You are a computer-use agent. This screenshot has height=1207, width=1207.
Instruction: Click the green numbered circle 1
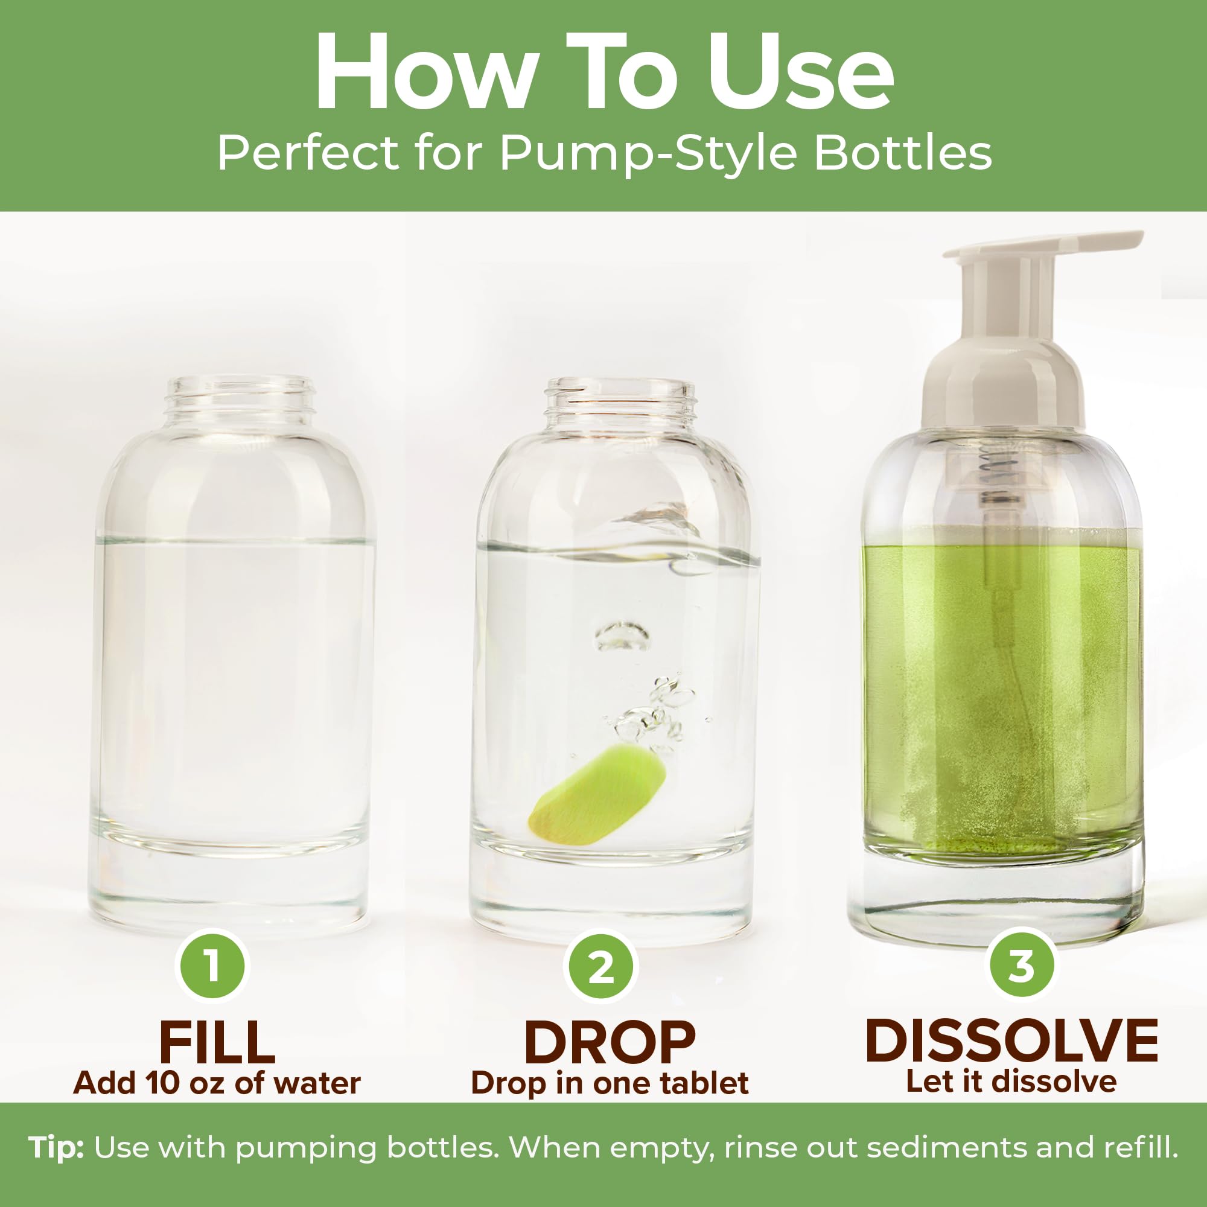coord(212,966)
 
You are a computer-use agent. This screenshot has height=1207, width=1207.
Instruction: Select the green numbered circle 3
coord(1022,966)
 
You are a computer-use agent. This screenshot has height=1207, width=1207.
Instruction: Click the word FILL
coord(217,1043)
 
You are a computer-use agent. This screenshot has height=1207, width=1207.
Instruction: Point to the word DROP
coord(610,1043)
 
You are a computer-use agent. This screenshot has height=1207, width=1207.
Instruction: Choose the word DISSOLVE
coord(1011,1041)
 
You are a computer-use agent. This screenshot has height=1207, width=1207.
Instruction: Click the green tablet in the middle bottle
coord(597,792)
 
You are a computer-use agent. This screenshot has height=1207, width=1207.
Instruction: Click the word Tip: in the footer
coord(56,1148)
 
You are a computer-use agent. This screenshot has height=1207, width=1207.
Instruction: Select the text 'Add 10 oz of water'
coord(217,1083)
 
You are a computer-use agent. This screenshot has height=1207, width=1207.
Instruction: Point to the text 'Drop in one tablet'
coord(610,1084)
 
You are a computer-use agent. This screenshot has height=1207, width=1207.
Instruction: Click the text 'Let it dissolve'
coord(1011,1081)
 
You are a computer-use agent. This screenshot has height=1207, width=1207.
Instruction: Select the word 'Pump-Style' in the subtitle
coord(648,154)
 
